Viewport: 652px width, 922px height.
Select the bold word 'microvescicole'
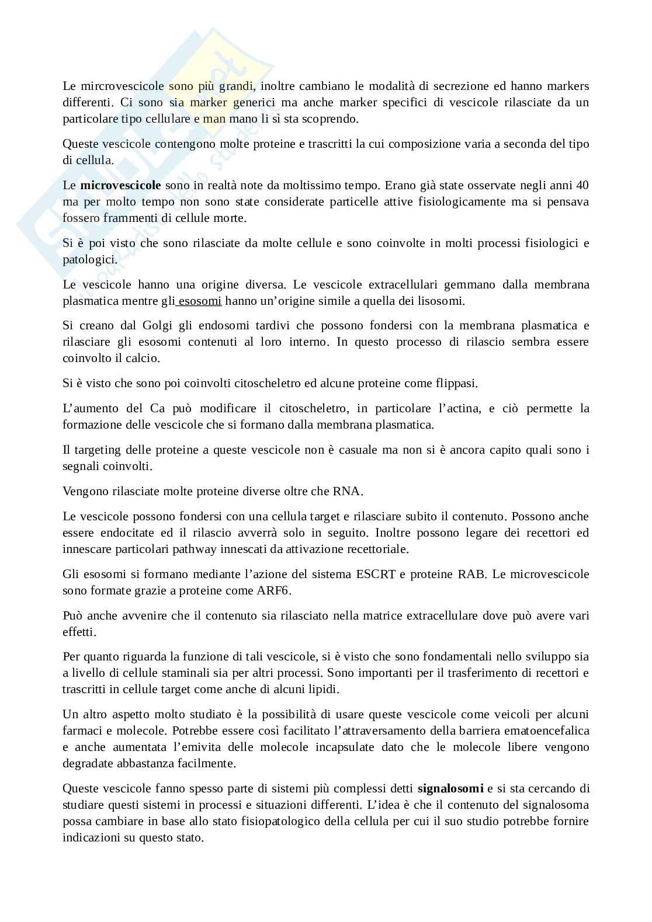120,186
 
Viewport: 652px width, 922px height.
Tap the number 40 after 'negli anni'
582,186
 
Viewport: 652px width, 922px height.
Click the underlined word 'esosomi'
200,301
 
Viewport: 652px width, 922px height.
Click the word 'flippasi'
457,384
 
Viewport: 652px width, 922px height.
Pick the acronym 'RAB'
471,575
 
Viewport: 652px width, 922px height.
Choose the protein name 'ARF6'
273,591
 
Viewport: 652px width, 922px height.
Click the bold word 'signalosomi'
450,789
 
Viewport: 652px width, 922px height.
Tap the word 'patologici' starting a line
89,260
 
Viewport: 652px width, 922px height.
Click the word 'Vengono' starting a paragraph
83,492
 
